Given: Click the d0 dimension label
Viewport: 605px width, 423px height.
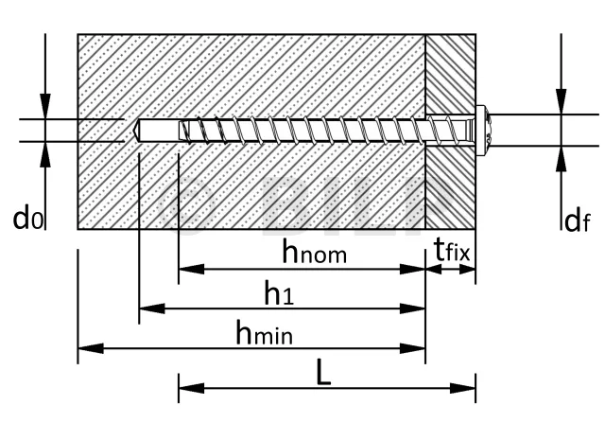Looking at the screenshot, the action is [28, 219].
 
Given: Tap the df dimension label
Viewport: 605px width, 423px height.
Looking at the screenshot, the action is [577, 221].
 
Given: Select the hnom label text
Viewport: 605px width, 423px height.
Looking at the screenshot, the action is [315, 251].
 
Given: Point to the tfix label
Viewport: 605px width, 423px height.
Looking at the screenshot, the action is [452, 250].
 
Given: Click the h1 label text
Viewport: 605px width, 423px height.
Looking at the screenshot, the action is [279, 292].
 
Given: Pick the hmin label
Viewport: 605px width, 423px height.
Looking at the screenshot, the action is [265, 332].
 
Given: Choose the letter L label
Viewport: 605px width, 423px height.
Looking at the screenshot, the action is [323, 373].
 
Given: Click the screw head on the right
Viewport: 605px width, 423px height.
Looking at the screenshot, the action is [483, 131].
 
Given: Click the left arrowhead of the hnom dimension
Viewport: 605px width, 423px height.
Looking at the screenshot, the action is [191, 270].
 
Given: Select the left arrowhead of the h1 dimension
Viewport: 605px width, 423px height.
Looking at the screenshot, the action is [151, 308].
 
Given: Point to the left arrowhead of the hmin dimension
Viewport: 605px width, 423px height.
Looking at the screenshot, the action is [91, 348].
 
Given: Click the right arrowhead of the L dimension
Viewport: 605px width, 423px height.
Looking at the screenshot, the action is [462, 388].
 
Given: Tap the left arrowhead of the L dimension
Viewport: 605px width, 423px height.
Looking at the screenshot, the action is [191, 388].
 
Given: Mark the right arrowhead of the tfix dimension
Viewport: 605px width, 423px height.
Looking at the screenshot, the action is [467, 270].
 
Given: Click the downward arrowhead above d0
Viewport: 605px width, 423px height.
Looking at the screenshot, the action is [45, 106].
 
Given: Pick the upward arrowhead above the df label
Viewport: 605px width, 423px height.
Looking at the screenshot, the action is [562, 158].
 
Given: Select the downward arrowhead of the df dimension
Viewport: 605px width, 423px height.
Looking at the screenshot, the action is [562, 101].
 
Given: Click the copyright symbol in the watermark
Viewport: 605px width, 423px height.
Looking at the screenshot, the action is [186, 205].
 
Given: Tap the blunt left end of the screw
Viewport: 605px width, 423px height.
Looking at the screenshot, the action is [181, 131].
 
